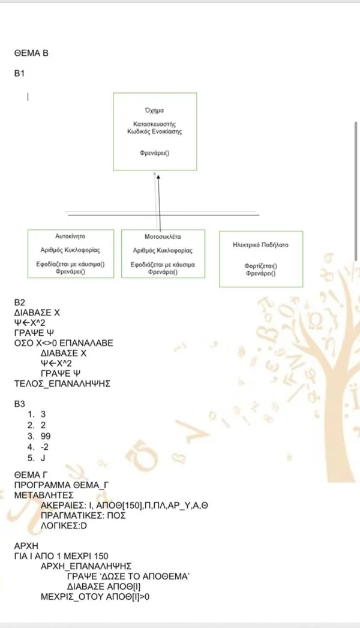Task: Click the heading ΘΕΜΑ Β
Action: point(31,53)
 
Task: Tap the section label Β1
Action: point(19,73)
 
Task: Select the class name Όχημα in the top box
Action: point(154,110)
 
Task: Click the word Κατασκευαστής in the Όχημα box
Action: point(155,124)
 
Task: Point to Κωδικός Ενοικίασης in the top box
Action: point(155,131)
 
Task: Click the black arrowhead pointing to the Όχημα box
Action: point(158,177)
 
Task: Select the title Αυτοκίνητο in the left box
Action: point(70,236)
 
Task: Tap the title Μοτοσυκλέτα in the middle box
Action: point(163,237)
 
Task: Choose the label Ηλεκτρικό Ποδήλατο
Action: point(260,245)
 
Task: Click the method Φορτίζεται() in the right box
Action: point(260,266)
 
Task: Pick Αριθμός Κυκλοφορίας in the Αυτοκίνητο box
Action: point(70,250)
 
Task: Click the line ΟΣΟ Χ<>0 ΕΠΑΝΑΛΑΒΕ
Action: point(64,343)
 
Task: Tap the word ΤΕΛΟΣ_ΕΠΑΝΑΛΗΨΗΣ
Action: point(62,384)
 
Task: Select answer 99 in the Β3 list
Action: point(46,436)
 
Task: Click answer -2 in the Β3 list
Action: point(44,447)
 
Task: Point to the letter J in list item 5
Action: point(43,458)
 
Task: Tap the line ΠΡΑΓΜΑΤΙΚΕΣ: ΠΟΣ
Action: point(83,515)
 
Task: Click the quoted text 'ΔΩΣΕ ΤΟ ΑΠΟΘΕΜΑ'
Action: point(128,576)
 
